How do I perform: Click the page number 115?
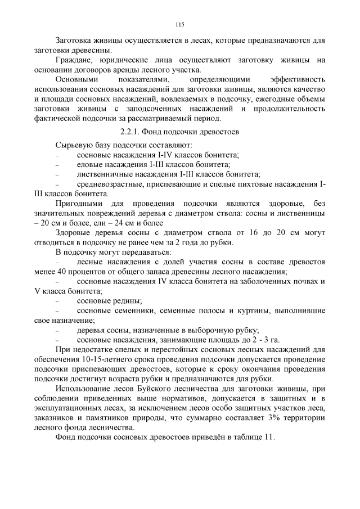(x=180, y=24)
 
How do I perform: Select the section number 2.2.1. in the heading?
(x=133, y=132)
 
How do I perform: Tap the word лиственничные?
(x=104, y=174)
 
